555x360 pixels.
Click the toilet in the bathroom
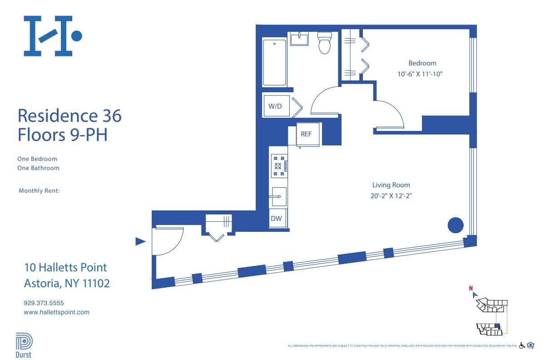click(x=324, y=43)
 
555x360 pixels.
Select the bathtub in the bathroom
click(x=274, y=62)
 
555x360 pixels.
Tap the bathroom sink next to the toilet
click(x=299, y=39)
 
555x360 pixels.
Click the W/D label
click(x=275, y=106)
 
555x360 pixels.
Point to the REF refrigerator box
click(x=307, y=134)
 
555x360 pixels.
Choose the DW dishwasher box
click(x=276, y=218)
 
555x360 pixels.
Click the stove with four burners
click(x=277, y=166)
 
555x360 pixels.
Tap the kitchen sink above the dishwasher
click(x=278, y=197)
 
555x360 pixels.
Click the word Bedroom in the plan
click(x=422, y=63)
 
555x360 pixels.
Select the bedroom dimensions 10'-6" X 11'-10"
click(x=419, y=74)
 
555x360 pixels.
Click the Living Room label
click(x=391, y=185)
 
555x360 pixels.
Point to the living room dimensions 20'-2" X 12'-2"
click(x=391, y=196)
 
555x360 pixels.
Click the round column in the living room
click(x=456, y=225)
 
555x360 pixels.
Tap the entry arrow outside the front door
click(x=141, y=242)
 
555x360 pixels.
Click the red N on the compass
click(x=471, y=288)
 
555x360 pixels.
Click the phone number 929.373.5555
click(x=46, y=303)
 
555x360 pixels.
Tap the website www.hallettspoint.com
click(x=56, y=312)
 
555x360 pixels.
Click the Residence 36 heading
click(x=69, y=116)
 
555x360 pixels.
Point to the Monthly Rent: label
click(x=39, y=191)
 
